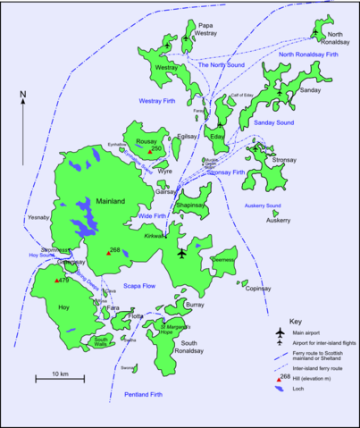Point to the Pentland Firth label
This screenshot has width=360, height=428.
pos(145,394)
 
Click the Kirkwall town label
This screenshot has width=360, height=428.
pos(155,235)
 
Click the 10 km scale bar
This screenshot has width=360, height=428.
pos(60,379)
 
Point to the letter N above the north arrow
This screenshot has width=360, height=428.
pos(23,93)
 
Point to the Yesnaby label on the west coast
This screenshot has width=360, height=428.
pos(38,216)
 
